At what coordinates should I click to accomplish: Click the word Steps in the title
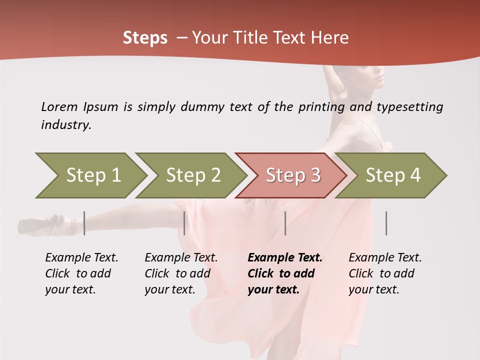145,37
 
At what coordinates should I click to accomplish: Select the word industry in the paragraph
66,124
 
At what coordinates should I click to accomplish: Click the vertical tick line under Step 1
84,223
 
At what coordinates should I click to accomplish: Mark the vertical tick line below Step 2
184,223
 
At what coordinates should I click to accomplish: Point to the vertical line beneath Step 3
285,223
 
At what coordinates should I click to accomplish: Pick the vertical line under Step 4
386,223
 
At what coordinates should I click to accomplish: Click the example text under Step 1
81,273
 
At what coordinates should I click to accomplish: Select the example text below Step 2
181,273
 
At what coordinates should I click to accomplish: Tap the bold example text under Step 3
285,273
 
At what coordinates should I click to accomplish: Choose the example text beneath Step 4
385,273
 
